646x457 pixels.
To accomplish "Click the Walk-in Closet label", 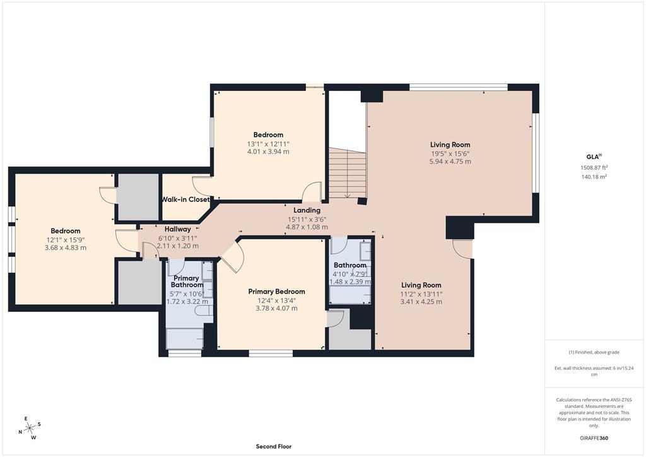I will click(185, 199).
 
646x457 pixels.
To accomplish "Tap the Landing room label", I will click(307, 210).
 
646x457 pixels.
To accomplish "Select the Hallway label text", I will click(178, 229).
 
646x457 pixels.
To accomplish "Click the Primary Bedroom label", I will click(276, 292).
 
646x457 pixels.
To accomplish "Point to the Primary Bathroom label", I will click(186, 282).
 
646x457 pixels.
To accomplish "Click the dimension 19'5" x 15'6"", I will click(450, 153).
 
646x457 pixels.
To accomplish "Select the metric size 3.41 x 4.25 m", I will click(421, 302).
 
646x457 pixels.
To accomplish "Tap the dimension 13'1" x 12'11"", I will click(268, 143).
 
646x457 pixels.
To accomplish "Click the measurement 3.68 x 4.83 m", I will click(66, 247).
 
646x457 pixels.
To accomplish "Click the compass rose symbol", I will click(28, 428).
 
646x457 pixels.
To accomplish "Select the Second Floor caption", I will click(273, 446).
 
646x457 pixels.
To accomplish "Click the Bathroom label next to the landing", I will click(350, 265).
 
